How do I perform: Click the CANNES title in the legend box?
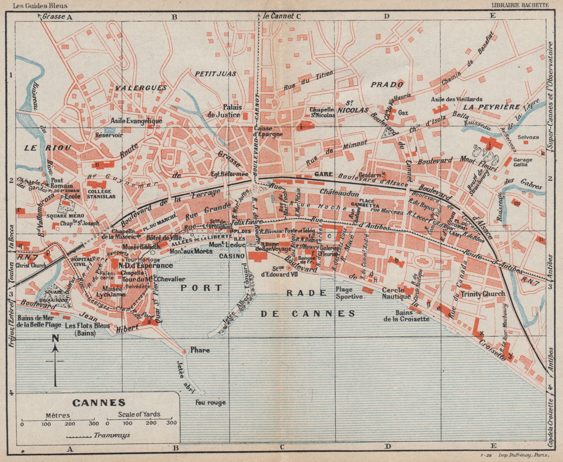click(x=99, y=402)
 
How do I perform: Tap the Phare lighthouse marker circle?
click(x=184, y=352)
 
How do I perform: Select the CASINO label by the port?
click(x=232, y=256)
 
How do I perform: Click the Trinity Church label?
click(x=483, y=294)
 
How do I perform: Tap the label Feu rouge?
click(x=211, y=402)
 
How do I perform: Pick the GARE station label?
click(x=324, y=174)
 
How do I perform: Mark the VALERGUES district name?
click(x=139, y=88)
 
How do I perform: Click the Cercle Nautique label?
click(x=396, y=293)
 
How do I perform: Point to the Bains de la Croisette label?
click(x=407, y=316)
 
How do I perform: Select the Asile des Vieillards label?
click(x=456, y=99)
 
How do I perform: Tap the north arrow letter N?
click(x=55, y=338)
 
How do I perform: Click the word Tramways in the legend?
click(x=112, y=435)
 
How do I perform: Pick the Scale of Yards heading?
click(x=139, y=414)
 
